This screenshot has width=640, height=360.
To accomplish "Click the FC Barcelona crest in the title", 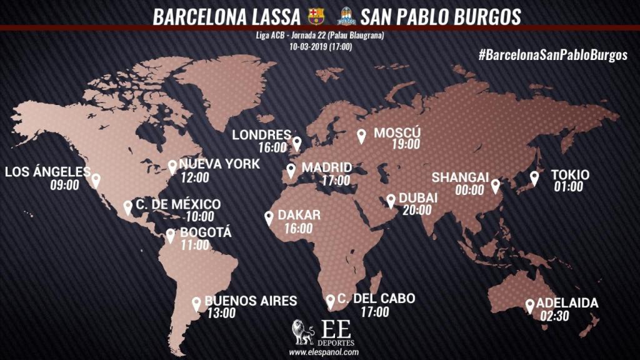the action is pyautogui.click(x=317, y=16).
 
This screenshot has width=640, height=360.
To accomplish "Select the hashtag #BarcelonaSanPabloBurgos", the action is pyautogui.click(x=552, y=55).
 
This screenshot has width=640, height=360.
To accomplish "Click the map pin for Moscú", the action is pyautogui.click(x=361, y=136).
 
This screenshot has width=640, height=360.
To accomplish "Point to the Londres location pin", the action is pyautogui.click(x=297, y=143).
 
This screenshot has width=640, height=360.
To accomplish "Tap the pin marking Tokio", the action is pyautogui.click(x=534, y=177).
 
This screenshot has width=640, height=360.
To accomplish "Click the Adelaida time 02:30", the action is pyautogui.click(x=554, y=316).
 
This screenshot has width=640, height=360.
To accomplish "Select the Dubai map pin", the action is pyautogui.click(x=391, y=200).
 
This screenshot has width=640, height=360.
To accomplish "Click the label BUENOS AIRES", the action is pyautogui.click(x=251, y=301).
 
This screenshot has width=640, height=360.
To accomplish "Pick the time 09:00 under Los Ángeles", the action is pyautogui.click(x=65, y=185).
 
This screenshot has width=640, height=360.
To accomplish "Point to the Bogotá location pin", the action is pyautogui.click(x=171, y=236).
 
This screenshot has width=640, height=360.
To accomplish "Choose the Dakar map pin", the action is pyautogui.click(x=269, y=217).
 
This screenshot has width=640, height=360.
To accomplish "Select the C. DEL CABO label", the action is pyautogui.click(x=376, y=299).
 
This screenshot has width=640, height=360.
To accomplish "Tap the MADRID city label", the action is pyautogui.click(x=326, y=168).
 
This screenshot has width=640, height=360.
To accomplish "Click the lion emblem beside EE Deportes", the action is pyautogui.click(x=303, y=332).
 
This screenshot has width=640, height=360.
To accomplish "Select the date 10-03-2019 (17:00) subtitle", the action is pyautogui.click(x=320, y=46).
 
